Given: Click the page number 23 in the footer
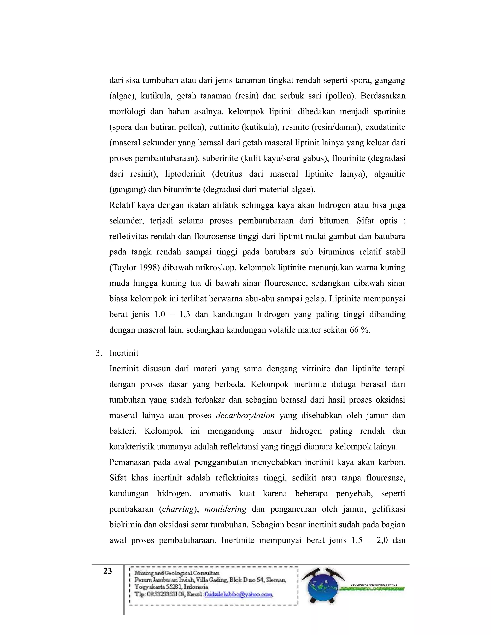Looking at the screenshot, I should point(108,571).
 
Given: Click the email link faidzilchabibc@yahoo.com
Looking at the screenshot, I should point(239,595).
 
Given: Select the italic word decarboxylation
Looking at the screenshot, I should point(245,415).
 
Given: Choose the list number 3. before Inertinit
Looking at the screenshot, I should point(99,353).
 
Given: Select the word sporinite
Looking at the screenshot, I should point(389,112).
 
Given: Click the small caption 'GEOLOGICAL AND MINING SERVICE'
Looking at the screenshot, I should point(374,585).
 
